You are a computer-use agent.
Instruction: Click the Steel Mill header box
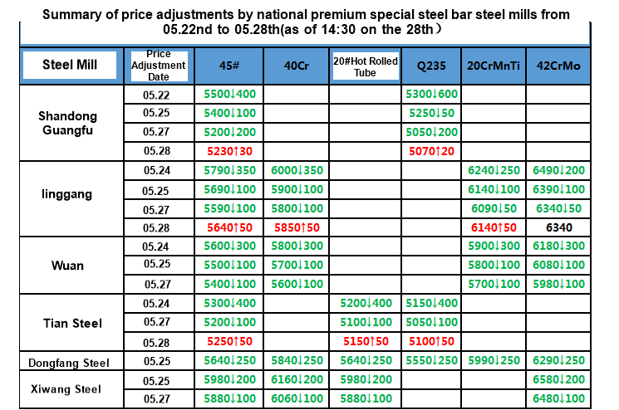click(x=69, y=66)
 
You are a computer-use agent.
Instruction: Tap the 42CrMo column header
click(x=558, y=66)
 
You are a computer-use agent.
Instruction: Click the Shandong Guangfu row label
click(x=68, y=123)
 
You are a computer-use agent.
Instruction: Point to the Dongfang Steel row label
click(x=68, y=363)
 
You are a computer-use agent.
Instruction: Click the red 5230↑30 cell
click(x=229, y=151)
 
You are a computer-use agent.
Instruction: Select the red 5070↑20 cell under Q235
click(x=433, y=151)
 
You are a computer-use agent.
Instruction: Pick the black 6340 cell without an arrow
click(x=558, y=227)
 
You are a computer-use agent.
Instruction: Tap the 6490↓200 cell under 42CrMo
click(x=558, y=170)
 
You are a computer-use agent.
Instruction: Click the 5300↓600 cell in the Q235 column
click(x=433, y=94)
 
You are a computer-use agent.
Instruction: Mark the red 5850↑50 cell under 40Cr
click(x=296, y=227)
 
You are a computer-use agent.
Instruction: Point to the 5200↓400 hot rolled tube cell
click(x=365, y=304)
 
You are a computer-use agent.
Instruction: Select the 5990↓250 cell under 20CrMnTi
click(x=494, y=361)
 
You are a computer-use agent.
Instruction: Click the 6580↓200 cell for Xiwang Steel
click(x=558, y=380)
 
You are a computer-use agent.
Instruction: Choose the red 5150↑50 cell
click(x=365, y=341)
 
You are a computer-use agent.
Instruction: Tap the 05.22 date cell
click(x=157, y=95)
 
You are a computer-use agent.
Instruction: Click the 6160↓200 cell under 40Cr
click(x=296, y=380)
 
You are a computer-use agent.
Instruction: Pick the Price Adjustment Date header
click(x=158, y=66)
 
